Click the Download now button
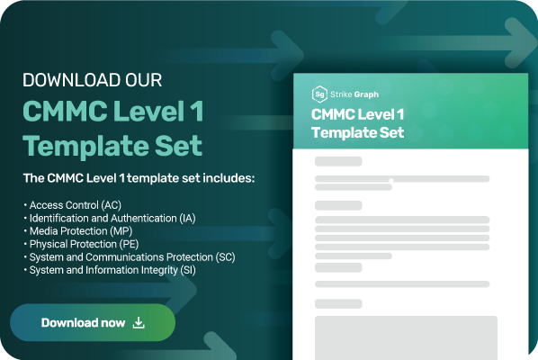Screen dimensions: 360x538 [x=93, y=322]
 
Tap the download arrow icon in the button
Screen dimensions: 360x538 [x=139, y=322]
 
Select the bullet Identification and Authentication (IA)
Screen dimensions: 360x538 [x=112, y=218]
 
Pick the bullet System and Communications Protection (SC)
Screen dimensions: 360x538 [x=131, y=256]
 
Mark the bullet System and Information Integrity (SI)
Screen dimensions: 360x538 [x=112, y=269]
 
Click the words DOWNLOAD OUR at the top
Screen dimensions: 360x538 [x=93, y=80]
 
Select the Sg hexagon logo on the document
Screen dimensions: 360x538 [x=318, y=94]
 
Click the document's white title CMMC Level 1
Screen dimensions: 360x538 [x=358, y=114]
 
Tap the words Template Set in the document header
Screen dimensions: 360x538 [x=358, y=132]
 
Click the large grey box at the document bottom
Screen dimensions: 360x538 [x=405, y=337]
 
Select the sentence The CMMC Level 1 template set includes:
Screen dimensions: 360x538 [x=139, y=178]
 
